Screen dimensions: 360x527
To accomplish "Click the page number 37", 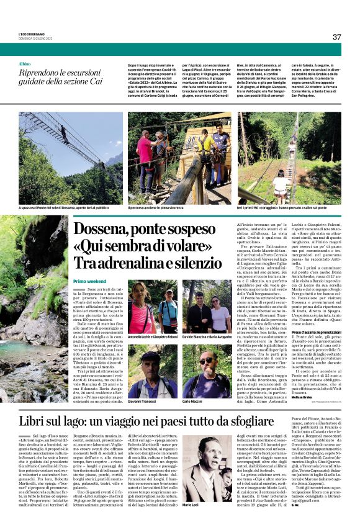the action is click(336, 37).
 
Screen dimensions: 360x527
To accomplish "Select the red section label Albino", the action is click(24, 65).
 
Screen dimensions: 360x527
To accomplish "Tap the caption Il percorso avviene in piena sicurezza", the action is click(158, 209).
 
